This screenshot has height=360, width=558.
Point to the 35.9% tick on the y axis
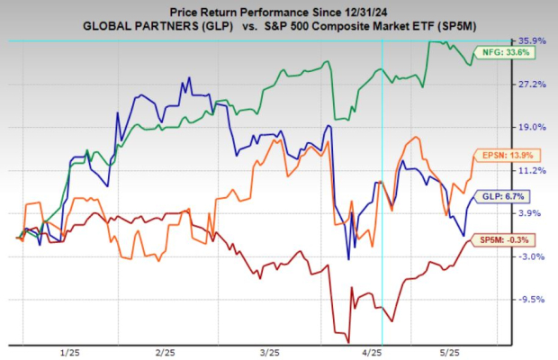tap(530, 40)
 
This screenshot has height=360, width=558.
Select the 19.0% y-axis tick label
tap(530, 127)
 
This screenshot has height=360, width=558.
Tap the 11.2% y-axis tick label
tap(530, 170)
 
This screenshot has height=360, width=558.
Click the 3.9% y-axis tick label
tap(530, 213)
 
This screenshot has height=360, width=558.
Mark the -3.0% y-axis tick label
tap(530, 256)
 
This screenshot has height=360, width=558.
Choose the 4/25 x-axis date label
tap(373, 351)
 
